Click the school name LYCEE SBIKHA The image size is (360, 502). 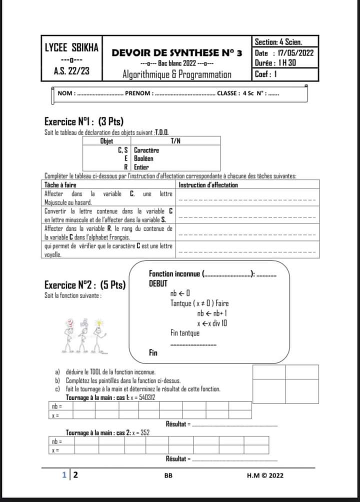click(71, 48)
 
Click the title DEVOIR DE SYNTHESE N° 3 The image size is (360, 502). click(176, 52)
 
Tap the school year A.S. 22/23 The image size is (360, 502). click(71, 71)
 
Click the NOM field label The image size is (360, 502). click(66, 93)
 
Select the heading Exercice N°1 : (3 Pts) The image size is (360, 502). click(83, 121)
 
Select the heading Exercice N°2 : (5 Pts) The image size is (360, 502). click(85, 285)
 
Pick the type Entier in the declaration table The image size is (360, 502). click(141, 166)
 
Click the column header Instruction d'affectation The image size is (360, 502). click(208, 185)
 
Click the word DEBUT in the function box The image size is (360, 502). click(158, 283)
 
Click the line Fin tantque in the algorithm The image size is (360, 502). click(185, 333)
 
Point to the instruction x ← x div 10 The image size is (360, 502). click(212, 323)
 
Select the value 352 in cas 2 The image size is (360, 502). click(144, 432)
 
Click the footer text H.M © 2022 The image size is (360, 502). click(265, 475)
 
